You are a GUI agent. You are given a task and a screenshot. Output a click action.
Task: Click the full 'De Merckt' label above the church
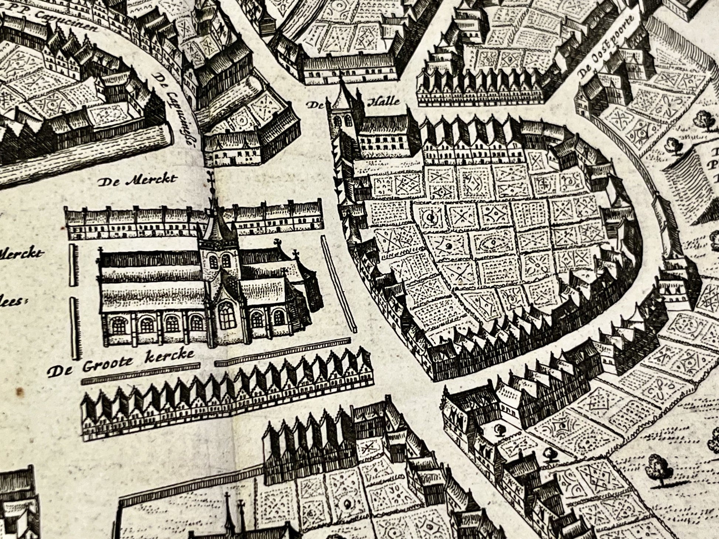point(137,180)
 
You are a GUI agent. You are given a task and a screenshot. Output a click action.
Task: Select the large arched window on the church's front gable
point(226,316)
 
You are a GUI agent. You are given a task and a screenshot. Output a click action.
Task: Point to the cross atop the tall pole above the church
point(211,177)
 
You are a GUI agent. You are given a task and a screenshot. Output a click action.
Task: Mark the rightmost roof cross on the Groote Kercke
point(296,254)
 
